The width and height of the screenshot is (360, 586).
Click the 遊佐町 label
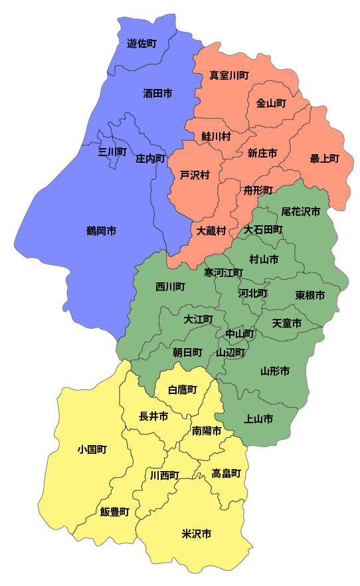point(141,44)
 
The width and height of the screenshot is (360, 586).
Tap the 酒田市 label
point(157,94)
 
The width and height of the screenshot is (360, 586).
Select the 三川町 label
point(112,152)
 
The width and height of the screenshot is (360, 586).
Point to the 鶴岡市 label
point(101,231)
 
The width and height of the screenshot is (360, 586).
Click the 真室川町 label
point(229,76)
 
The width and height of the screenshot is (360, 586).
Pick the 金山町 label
point(271,104)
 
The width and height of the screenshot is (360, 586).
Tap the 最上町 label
point(324,159)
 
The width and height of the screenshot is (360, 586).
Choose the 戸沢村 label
point(195,175)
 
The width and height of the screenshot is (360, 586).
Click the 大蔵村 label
point(212,231)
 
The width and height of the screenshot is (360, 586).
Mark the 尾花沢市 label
point(300,212)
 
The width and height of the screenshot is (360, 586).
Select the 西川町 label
point(170,287)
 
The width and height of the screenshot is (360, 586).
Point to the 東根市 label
point(310,295)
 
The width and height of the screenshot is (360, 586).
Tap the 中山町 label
point(240,334)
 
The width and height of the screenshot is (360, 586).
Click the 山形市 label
point(274,371)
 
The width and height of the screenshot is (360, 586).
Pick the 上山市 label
point(259,419)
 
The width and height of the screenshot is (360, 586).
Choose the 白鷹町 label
point(183,389)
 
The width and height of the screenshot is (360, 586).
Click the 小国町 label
point(92,450)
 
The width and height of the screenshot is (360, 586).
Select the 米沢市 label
point(197,534)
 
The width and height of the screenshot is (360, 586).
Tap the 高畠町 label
point(226,474)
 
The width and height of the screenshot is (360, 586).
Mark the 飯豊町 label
point(115,512)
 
